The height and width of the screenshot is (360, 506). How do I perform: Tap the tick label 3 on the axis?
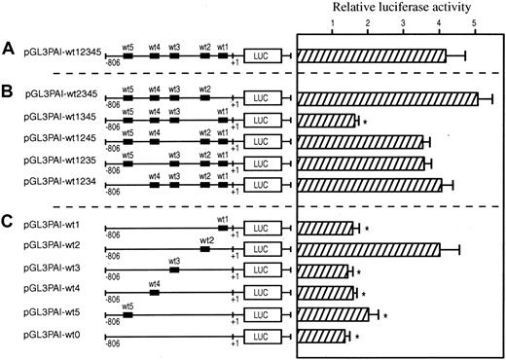point(403,25)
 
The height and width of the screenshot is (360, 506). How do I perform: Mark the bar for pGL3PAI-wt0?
point(321,337)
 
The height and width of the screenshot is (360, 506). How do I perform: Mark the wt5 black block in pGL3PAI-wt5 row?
point(127,315)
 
